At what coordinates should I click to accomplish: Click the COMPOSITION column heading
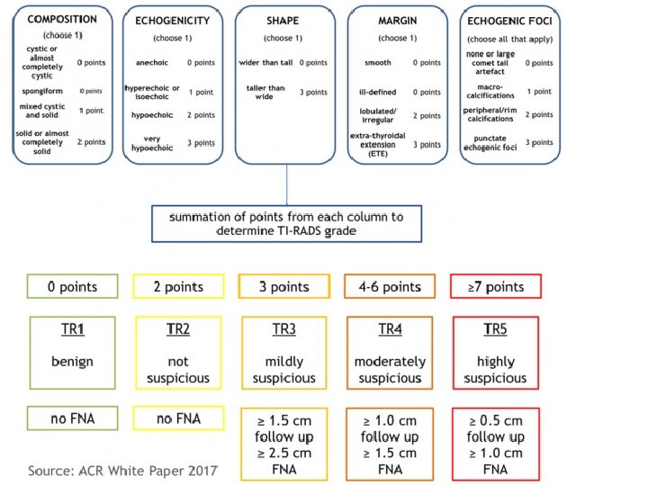click(x=61, y=18)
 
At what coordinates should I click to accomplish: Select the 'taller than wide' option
click(x=262, y=93)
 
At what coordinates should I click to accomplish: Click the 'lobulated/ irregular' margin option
click(x=378, y=116)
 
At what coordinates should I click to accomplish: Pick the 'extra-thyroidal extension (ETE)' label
click(x=378, y=144)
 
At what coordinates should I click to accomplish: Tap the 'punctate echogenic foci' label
click(x=492, y=142)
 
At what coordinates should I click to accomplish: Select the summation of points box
click(x=286, y=223)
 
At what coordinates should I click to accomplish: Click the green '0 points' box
click(x=73, y=288)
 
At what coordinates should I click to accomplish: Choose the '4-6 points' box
click(x=390, y=288)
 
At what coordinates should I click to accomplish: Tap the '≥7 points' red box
click(x=496, y=288)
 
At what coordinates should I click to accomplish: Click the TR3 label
click(x=284, y=329)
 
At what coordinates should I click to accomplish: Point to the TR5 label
click(x=496, y=329)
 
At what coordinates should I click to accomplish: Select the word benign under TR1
click(x=73, y=362)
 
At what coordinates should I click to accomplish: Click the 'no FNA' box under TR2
click(x=178, y=419)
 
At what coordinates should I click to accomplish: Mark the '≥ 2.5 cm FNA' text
click(x=284, y=461)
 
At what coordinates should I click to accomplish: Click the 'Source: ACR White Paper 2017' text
click(x=123, y=471)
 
